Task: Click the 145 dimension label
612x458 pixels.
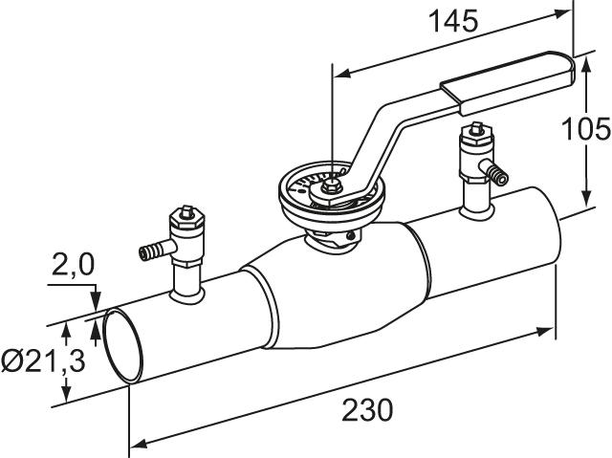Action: pos(453,21)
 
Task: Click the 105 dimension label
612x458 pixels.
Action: pos(586,129)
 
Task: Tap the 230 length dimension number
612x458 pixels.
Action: pos(367,410)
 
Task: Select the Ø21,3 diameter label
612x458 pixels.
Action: pos(43,360)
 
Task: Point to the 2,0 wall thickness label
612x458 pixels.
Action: pos(73,265)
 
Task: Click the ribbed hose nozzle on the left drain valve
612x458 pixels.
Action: pos(153,251)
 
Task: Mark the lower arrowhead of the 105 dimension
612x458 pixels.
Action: pos(586,196)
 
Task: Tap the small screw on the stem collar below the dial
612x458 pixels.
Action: pos(351,235)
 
